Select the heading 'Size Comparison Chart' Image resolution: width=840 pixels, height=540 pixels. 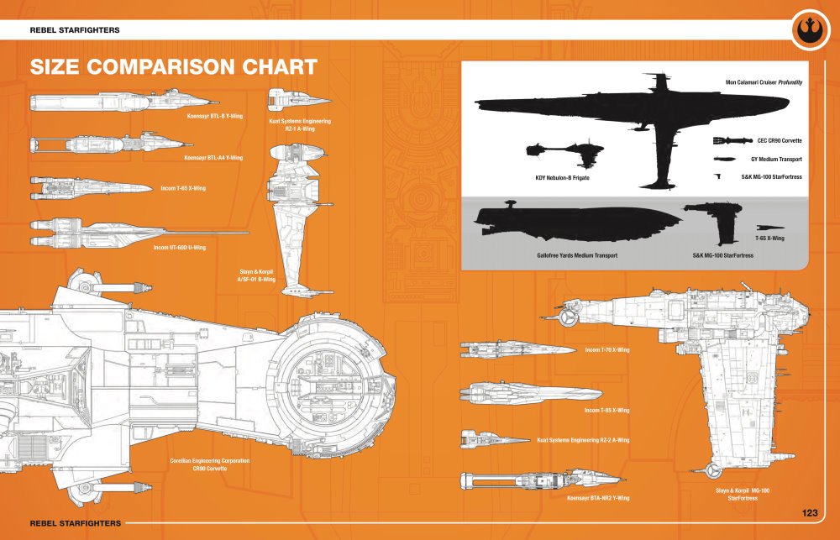(x=173, y=67)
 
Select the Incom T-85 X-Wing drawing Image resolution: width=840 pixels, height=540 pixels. (x=529, y=392)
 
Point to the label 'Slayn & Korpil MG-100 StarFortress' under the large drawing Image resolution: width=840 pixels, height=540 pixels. (x=743, y=494)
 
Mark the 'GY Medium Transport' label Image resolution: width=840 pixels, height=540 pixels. (x=776, y=159)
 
